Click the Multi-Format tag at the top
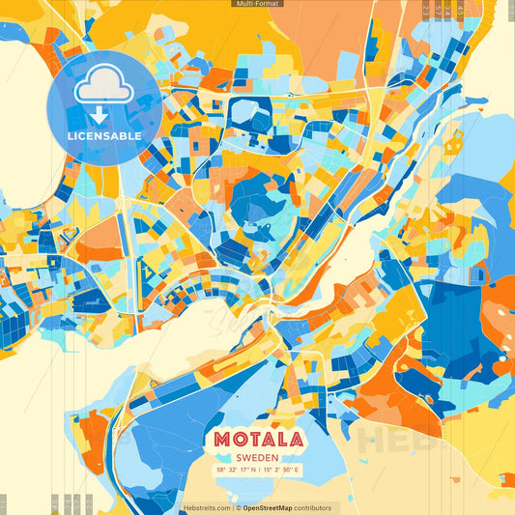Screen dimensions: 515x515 click(257, 4)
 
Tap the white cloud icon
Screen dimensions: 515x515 click(103, 86)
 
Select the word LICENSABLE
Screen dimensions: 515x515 click(104, 136)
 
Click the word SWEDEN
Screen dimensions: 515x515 click(257, 457)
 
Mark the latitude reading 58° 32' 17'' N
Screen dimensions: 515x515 click(236, 470)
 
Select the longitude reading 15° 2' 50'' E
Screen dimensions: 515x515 click(281, 470)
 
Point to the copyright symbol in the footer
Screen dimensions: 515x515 click(237, 507)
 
